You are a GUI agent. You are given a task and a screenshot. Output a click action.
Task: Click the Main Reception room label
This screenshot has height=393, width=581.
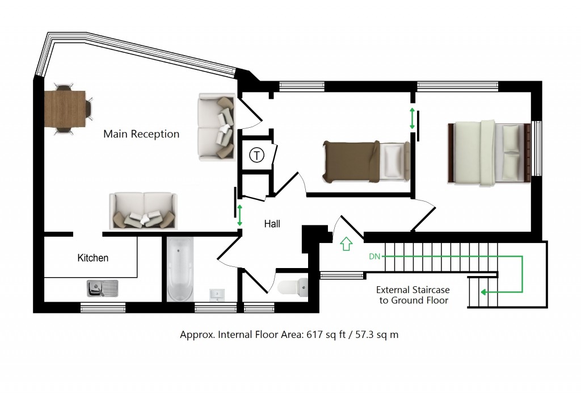141,135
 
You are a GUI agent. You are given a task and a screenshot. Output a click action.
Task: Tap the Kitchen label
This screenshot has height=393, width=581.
92,258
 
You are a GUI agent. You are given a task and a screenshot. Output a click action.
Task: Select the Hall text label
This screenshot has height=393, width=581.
272,224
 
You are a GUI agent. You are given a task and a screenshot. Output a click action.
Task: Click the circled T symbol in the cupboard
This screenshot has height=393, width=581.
257,154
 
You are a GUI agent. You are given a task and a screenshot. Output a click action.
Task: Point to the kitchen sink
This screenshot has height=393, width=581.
102,289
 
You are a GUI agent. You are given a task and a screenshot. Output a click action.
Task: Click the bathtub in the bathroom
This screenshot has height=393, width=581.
180,269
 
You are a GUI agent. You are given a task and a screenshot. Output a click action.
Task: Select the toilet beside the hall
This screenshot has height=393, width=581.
294,286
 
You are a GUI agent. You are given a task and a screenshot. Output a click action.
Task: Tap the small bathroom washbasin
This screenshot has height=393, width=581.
217,294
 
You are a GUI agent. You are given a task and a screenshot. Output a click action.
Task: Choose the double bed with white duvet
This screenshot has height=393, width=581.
491,152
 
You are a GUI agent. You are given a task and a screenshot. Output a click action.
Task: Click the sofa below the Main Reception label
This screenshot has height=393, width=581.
144,211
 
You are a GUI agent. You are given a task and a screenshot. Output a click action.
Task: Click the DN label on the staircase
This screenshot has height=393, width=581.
374,257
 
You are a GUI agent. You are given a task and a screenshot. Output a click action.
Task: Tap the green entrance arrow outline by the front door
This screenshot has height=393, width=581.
346,244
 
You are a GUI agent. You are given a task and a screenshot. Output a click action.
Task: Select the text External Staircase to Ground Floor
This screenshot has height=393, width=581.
414,295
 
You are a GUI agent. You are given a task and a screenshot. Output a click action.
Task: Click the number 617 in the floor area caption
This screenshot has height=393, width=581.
314,335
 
